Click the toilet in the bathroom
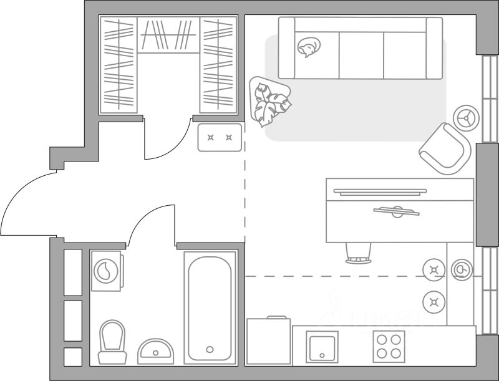pos(113,340)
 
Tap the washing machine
pos(106,271)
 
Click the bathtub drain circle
pos(210,349)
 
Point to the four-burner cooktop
pos(389,347)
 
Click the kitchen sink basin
pos(322,347)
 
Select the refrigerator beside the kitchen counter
pos(268,341)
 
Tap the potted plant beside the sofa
pos(270,100)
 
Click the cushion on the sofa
pos(308,47)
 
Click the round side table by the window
pos(465,117)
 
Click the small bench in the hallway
pos(220,137)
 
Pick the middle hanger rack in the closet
pos(168,35)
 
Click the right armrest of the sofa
pos(434,47)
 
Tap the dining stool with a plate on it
pos(462,269)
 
